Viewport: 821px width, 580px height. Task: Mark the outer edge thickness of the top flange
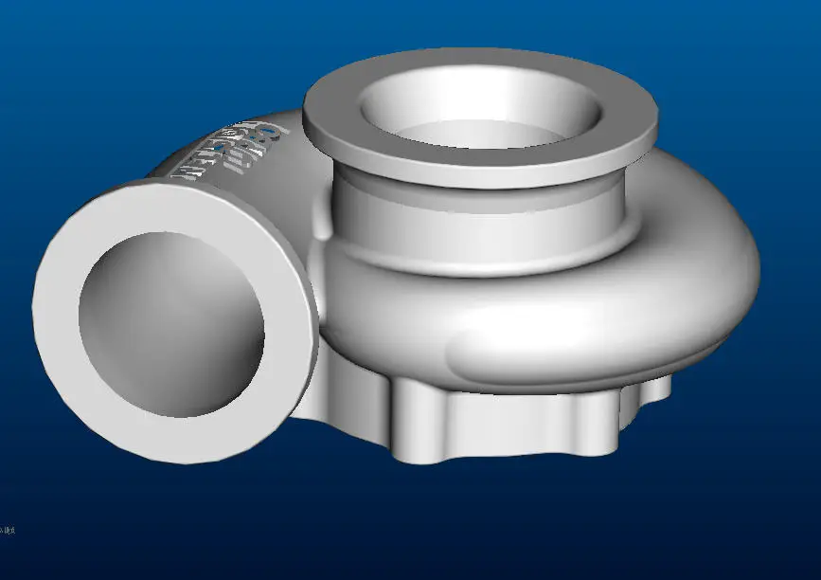pos(473,175)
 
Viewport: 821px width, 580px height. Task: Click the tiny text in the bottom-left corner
pos(7,530)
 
